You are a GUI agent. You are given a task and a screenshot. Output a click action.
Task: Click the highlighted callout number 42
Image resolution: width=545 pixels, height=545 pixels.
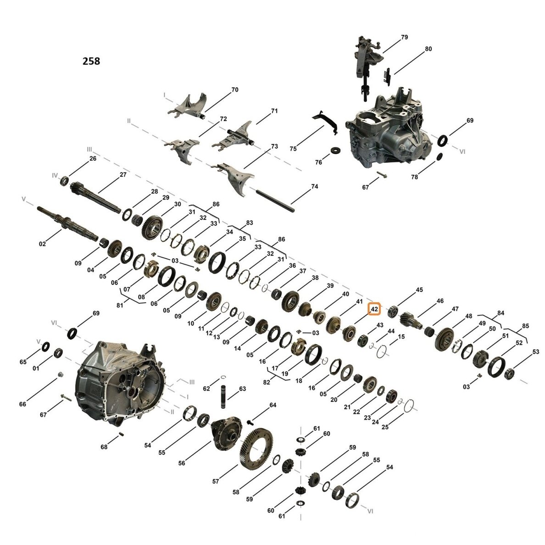(x=374, y=309)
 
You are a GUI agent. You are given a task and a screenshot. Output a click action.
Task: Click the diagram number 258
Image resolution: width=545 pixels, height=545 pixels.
(x=91, y=61)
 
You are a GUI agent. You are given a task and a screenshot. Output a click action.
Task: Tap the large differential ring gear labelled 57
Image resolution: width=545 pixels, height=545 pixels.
(x=256, y=448)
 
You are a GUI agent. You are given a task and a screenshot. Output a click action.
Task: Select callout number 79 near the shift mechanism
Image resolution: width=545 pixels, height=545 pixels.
(x=404, y=37)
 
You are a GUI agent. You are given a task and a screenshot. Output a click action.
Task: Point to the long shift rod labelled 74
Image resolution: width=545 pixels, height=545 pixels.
(x=275, y=200)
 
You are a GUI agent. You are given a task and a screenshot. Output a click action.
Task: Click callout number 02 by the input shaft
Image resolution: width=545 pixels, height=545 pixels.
(x=42, y=244)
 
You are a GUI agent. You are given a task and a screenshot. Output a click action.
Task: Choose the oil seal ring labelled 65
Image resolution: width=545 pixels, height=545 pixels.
(x=45, y=346)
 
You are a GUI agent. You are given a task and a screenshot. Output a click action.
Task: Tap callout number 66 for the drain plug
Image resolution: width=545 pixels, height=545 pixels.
(x=22, y=404)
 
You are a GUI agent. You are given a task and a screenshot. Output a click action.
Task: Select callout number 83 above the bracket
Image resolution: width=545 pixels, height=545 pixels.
(x=249, y=222)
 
